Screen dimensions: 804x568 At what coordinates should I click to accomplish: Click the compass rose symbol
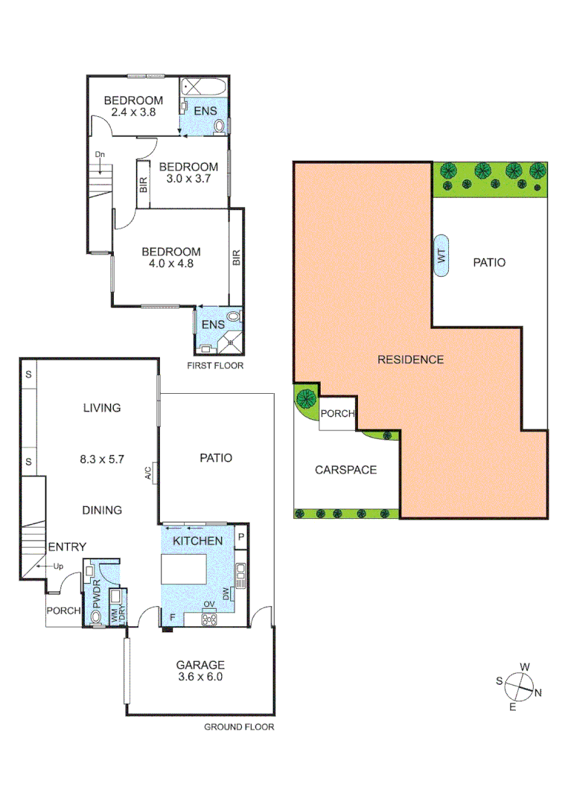coord(520,686)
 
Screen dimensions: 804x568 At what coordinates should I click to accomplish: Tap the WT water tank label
coord(441,256)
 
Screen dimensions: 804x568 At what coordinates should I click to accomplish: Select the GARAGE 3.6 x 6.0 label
coord(200,671)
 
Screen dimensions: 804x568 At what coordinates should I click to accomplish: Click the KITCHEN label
coord(198,540)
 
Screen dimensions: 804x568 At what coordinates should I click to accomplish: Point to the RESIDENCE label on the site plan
coord(410,360)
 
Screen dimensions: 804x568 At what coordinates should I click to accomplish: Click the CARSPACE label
coord(345,470)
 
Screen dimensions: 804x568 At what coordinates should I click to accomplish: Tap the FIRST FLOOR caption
coord(216,366)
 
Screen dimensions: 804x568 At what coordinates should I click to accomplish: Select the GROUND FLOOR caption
coord(239,727)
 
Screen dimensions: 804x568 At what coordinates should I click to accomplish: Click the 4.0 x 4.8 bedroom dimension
coord(170,263)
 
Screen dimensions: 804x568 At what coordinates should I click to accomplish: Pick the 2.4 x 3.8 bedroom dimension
coord(133,112)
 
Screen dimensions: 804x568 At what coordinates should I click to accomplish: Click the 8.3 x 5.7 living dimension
coord(101,460)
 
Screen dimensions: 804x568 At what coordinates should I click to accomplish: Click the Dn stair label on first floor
coord(99,155)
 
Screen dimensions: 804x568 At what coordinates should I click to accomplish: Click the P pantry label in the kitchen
coord(242,537)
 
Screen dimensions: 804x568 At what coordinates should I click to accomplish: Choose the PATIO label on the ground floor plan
coord(216,458)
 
